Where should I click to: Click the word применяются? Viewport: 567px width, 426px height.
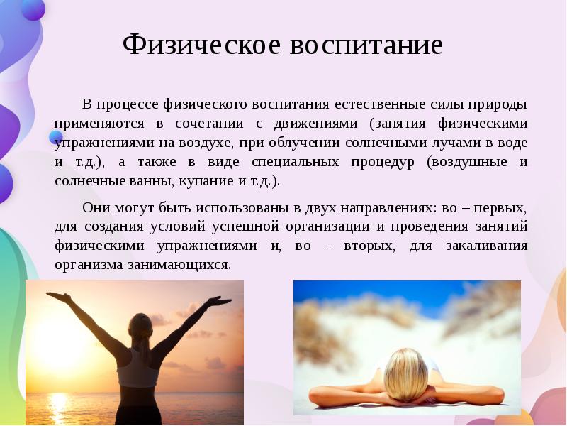click(95, 124)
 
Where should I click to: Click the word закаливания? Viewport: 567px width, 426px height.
click(486, 246)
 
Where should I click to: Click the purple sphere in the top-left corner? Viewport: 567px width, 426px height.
click(32, 9)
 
